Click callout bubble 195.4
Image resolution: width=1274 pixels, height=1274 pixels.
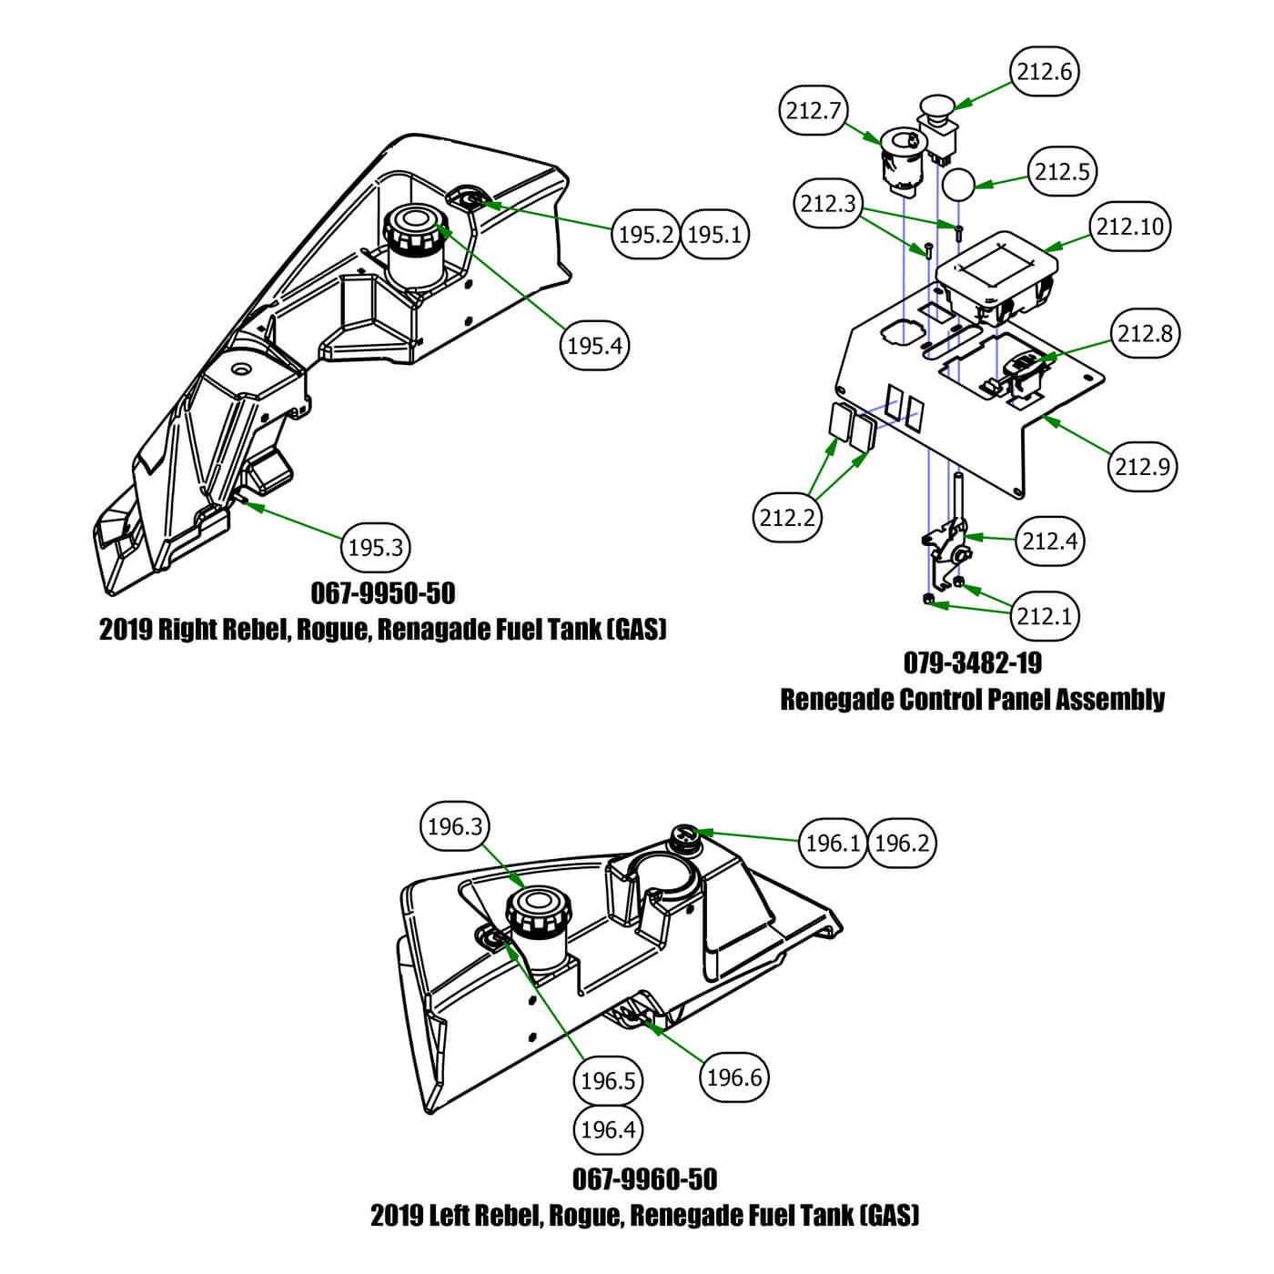596,345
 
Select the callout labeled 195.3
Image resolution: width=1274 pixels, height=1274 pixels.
376,547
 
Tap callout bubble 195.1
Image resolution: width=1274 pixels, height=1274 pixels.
714,235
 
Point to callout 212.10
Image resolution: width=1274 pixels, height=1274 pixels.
1129,226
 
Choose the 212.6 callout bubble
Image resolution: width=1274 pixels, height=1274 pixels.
1045,71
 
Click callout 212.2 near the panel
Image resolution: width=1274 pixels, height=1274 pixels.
787,517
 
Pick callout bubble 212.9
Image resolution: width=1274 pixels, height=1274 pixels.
1144,466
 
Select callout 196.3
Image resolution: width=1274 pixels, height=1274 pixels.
454,826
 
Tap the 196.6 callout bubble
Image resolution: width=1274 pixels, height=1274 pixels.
733,1077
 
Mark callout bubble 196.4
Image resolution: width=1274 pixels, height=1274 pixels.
607,1129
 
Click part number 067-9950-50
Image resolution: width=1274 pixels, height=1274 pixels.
382,593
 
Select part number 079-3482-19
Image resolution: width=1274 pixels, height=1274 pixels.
972,662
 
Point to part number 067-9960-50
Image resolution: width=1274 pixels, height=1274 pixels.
644,1179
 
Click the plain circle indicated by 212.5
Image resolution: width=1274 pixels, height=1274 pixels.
957,184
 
